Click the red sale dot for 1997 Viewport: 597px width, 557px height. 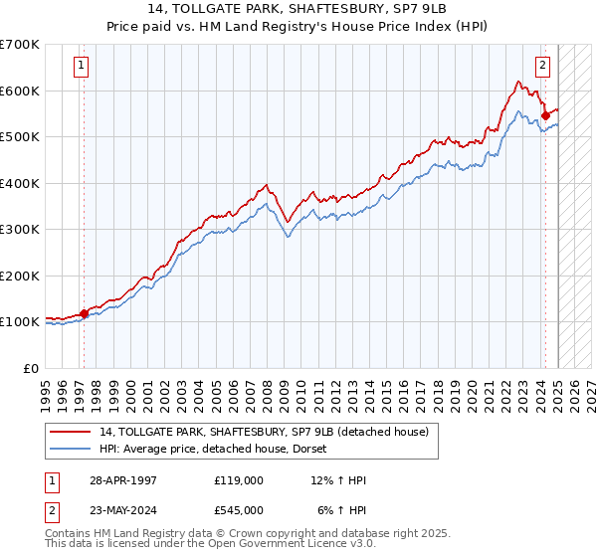point(84,313)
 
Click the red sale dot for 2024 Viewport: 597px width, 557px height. point(546,116)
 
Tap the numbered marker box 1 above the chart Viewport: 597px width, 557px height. point(81,67)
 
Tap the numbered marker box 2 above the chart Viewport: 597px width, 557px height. point(542,67)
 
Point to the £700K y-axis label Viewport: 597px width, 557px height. point(20,45)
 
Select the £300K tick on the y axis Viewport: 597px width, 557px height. point(20,230)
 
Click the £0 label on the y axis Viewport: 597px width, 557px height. point(30,368)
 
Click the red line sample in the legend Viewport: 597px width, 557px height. point(72,432)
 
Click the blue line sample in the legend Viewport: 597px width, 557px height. point(72,449)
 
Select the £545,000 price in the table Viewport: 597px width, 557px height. point(239,510)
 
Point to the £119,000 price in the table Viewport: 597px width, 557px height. point(239,480)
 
